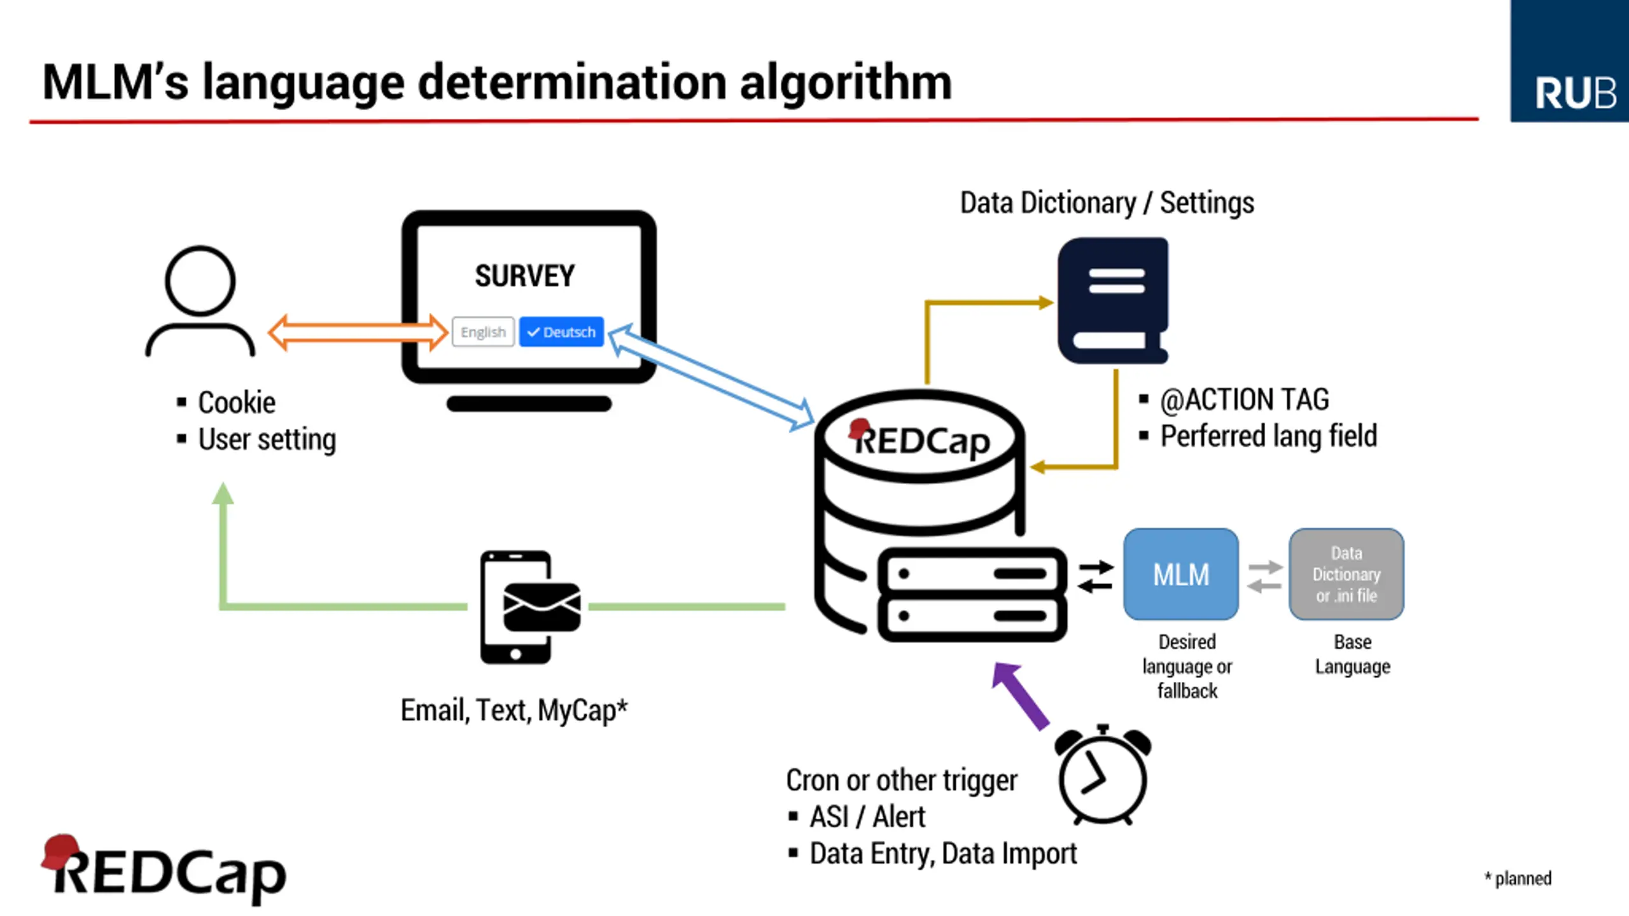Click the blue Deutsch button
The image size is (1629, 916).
point(561,332)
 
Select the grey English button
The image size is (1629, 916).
point(483,332)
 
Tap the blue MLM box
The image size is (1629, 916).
point(1181,574)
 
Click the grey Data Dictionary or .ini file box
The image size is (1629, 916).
point(1346,574)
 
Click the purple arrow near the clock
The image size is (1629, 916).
point(1022,696)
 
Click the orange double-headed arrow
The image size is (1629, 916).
point(358,332)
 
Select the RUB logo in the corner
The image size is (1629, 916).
point(1569,61)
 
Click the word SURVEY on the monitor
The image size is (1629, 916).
point(524,276)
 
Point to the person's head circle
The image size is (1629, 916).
point(200,281)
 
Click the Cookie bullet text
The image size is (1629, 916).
point(236,403)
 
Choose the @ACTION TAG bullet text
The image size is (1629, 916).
point(1244,400)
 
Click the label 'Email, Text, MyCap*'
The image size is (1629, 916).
point(514,711)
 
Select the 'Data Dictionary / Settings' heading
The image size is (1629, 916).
point(1107,204)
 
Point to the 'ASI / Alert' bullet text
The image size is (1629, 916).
point(867,817)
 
